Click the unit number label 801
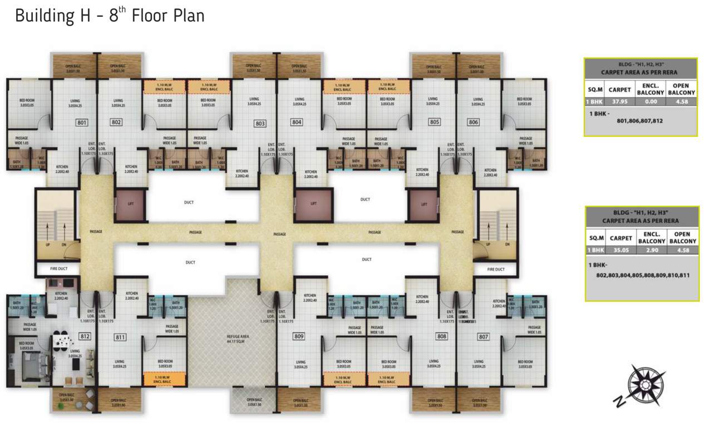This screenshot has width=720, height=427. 82,122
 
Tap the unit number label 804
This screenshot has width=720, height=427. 297,122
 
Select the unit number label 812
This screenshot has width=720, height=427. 85,336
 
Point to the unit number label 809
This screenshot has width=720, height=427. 299,336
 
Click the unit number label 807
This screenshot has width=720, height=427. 483,336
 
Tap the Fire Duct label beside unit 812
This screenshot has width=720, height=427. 58,269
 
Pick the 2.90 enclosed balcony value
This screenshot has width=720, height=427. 651,250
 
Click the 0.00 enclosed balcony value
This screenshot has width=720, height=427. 650,102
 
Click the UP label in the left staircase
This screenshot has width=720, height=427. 48,244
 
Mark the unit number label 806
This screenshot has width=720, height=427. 474,122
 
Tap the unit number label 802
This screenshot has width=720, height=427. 116,122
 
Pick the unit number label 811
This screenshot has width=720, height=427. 120,337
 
